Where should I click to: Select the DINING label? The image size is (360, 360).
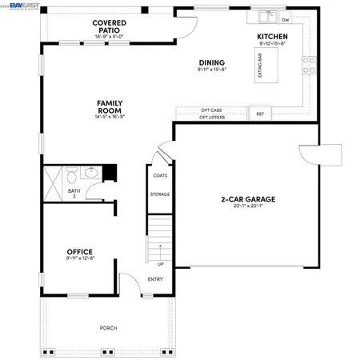(211, 62)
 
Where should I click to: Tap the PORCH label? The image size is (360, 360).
(108, 328)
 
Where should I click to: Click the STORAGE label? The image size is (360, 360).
(159, 194)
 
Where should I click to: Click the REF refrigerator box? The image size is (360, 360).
(259, 114)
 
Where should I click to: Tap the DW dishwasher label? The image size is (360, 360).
(286, 19)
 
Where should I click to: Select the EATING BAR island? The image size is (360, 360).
(260, 63)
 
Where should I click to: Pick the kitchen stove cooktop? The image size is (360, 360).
(307, 65)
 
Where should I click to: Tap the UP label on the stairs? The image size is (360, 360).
(160, 264)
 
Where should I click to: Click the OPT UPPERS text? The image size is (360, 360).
(212, 118)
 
